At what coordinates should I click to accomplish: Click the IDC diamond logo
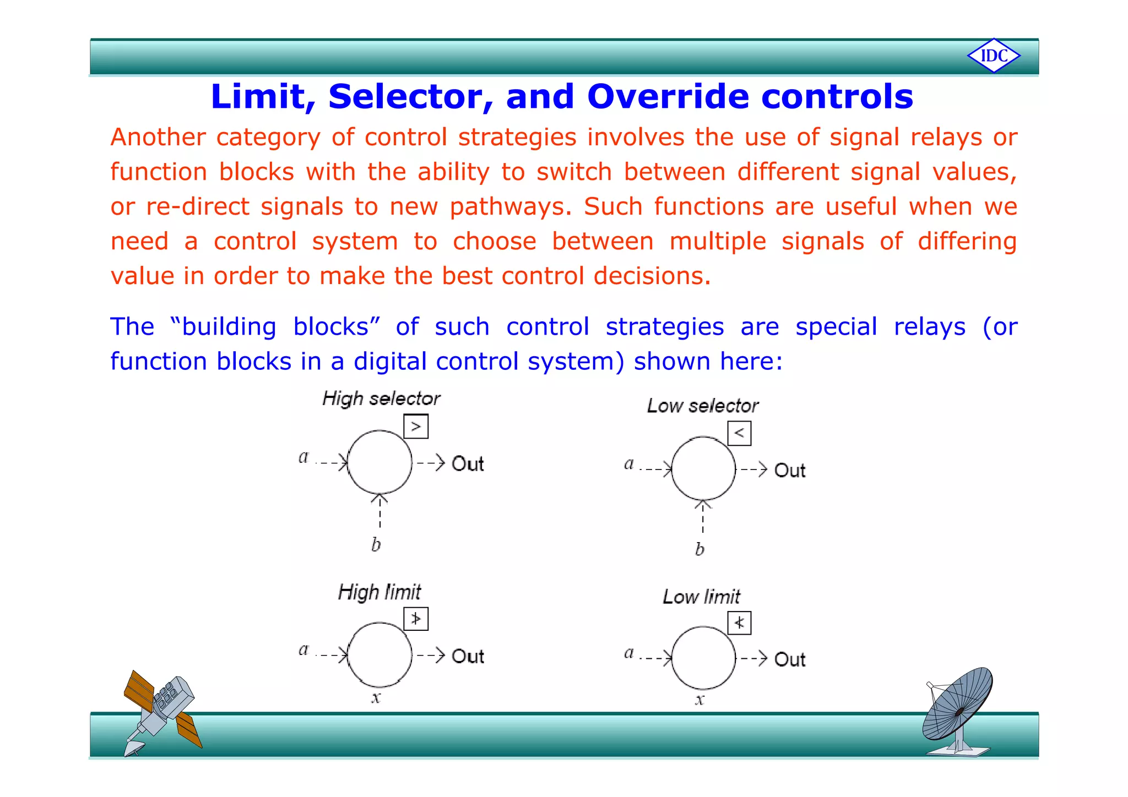(x=994, y=56)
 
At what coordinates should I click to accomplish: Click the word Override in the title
(x=668, y=96)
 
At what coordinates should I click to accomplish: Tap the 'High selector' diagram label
(x=381, y=398)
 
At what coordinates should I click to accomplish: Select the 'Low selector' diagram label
(x=703, y=406)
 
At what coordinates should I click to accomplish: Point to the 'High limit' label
(x=379, y=592)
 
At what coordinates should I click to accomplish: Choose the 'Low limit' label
(x=701, y=597)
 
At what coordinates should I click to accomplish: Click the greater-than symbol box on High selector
(x=416, y=427)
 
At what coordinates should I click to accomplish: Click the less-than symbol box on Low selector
(x=739, y=433)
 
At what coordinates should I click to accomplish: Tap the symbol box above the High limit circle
(x=416, y=619)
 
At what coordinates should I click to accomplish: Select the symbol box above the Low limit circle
(x=739, y=623)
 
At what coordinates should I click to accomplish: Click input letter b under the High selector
(x=376, y=545)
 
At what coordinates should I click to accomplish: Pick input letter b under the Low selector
(x=699, y=549)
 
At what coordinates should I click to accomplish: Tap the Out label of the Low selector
(x=789, y=471)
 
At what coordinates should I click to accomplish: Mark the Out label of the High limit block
(x=467, y=656)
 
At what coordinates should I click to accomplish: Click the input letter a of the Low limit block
(x=628, y=653)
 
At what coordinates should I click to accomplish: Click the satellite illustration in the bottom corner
(x=160, y=712)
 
